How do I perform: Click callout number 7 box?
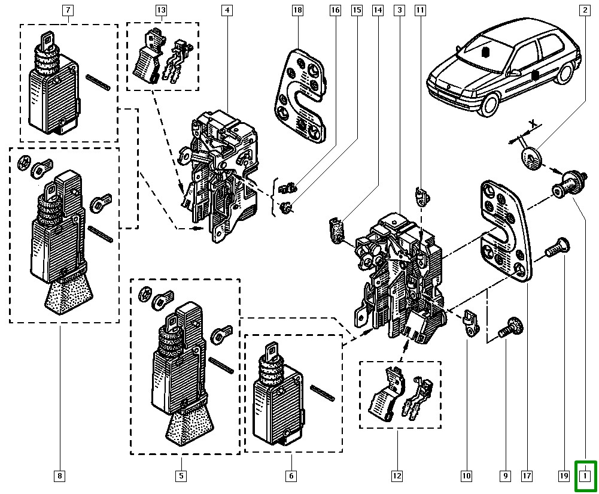pos(68,10)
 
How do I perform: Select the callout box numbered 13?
pos(161,10)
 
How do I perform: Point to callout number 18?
pos(298,10)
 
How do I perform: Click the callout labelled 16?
pos(335,10)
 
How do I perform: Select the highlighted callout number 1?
pos(585,476)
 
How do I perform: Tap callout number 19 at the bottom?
pos(563,476)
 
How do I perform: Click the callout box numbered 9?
pos(505,476)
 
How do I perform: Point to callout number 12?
pos(397,476)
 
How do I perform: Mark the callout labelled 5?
pos(181,476)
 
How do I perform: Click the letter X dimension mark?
pos(531,123)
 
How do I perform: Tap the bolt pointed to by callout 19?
pos(557,246)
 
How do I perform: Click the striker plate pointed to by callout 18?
pos(305,96)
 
